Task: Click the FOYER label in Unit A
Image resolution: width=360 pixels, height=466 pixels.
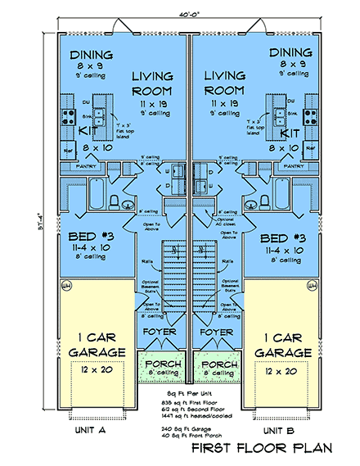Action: click(160, 332)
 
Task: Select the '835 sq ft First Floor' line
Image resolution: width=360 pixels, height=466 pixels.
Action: click(189, 405)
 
